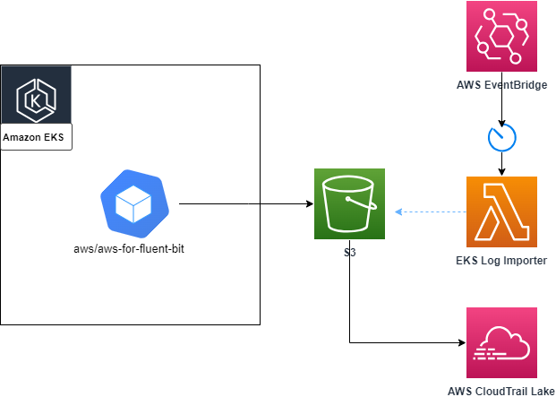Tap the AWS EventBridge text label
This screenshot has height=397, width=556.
501,85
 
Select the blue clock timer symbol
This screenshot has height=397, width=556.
501,137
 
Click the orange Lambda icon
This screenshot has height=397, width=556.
501,211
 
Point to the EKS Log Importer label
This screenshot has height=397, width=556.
501,260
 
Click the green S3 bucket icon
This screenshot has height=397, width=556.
349,204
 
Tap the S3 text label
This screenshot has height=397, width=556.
349,254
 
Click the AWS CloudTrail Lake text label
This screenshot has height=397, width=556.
501,391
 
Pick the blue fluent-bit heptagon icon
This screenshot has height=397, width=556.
131,203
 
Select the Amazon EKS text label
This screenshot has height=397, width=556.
36,138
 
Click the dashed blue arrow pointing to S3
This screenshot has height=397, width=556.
432,212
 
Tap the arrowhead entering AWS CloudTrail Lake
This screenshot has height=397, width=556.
461,342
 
